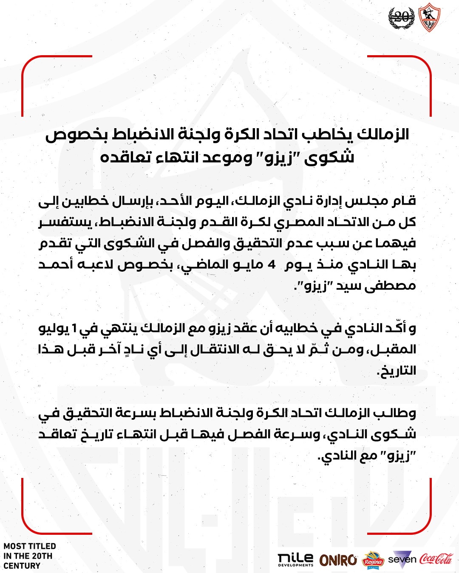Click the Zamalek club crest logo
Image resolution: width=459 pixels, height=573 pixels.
pos(429,18)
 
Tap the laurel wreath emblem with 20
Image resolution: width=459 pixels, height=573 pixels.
pos(401,18)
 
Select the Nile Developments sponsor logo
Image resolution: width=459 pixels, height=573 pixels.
pos(295,559)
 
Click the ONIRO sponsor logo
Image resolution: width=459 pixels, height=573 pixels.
pos(338,560)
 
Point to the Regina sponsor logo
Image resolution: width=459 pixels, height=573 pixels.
pos(373,560)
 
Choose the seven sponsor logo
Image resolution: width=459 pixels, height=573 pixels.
pos(402,559)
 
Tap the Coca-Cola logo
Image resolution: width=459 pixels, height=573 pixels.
pos(436,559)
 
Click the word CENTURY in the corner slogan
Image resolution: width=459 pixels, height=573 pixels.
pos(22,566)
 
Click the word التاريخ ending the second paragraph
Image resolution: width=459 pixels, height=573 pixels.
pos(397,371)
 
